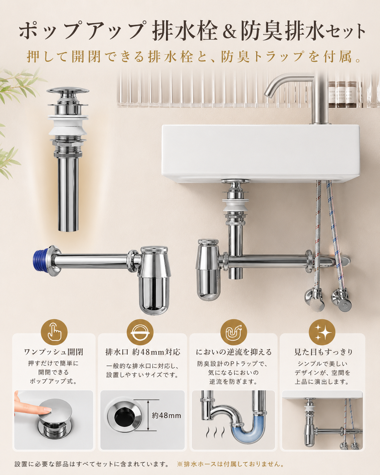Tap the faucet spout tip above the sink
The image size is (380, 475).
tap(268, 95)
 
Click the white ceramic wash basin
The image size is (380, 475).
tap(260, 153)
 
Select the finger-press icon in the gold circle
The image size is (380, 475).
tap(54, 332)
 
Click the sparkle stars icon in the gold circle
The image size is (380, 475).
tap(322, 332)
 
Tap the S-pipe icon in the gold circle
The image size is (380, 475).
tap(234, 332)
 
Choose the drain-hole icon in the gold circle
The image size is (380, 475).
tap(140, 332)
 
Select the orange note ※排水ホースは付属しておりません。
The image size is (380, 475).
tap(230, 464)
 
